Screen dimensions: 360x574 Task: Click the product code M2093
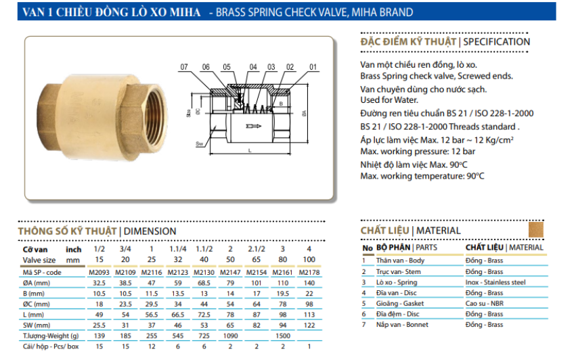point(99,272)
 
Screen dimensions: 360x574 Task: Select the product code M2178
point(309,272)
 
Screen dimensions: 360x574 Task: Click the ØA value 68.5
point(204,283)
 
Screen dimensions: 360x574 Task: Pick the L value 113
point(309,315)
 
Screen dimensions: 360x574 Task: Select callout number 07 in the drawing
point(183,67)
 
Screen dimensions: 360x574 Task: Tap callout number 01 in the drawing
point(313,67)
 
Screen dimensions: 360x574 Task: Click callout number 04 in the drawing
point(253,67)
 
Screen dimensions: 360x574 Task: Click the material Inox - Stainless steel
point(495,282)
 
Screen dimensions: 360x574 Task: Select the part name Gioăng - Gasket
point(401,303)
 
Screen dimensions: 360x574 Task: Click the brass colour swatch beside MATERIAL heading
point(535,229)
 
